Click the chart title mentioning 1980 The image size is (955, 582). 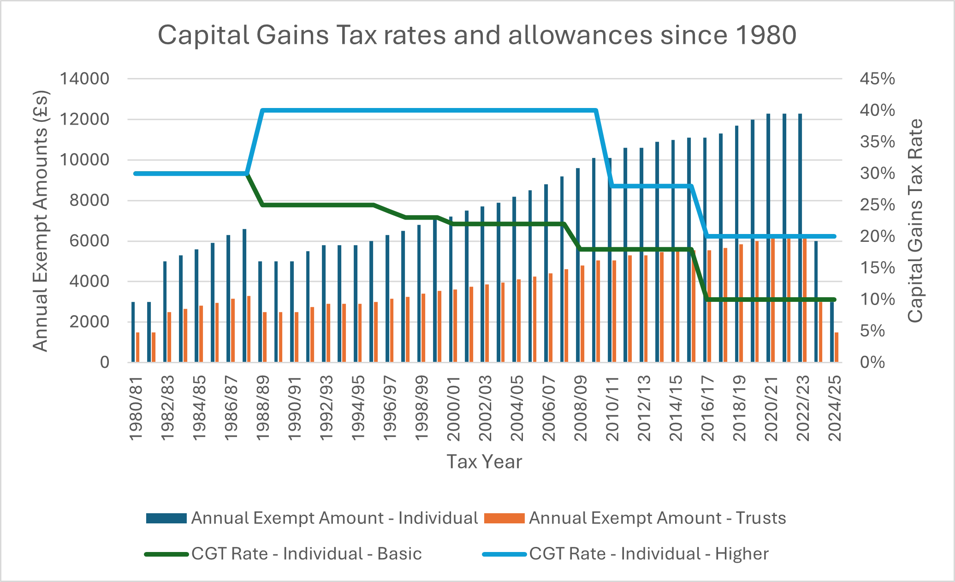[x=477, y=35]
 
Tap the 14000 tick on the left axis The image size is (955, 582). [x=84, y=79]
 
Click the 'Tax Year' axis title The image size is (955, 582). [x=484, y=462]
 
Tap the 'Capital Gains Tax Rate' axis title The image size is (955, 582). [x=915, y=221]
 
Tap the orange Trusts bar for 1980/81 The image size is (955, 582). [x=138, y=347]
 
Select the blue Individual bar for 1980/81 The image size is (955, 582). [x=133, y=332]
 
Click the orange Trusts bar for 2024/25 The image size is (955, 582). [x=836, y=347]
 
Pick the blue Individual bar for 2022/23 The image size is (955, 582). [x=800, y=238]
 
